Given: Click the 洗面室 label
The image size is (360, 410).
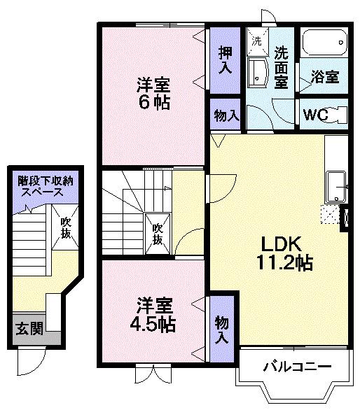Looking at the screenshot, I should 282,66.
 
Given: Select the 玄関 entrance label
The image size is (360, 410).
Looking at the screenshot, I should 29,328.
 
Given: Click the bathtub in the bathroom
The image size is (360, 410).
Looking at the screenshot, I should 323,45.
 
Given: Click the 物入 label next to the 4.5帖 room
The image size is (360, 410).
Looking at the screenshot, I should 222,330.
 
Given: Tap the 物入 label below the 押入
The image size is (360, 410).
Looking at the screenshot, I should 226,116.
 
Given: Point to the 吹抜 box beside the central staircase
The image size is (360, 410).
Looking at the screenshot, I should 158,233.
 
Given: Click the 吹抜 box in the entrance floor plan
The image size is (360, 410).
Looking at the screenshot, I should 66,228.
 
